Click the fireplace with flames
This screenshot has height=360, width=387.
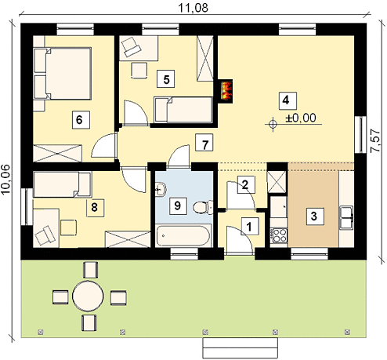226,92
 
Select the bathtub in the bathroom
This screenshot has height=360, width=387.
183,235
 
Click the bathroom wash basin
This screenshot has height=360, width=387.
160,189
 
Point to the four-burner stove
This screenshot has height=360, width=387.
279,235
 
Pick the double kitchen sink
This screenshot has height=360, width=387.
346,218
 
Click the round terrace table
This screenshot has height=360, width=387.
88,296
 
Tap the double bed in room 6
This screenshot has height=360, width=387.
63,74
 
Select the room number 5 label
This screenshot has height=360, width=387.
166,78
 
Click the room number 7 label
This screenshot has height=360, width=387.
204,143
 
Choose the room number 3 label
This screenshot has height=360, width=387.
315,216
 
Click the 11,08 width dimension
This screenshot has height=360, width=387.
193,8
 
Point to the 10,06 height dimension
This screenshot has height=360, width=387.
5,179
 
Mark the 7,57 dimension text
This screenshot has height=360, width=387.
375,141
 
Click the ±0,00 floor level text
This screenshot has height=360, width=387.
301,118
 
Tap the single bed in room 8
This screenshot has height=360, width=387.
63,184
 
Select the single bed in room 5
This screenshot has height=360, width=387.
183,110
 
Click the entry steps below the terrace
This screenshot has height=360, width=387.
240,348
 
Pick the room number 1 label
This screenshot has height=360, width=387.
249,227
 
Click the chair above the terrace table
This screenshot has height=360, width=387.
90,270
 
